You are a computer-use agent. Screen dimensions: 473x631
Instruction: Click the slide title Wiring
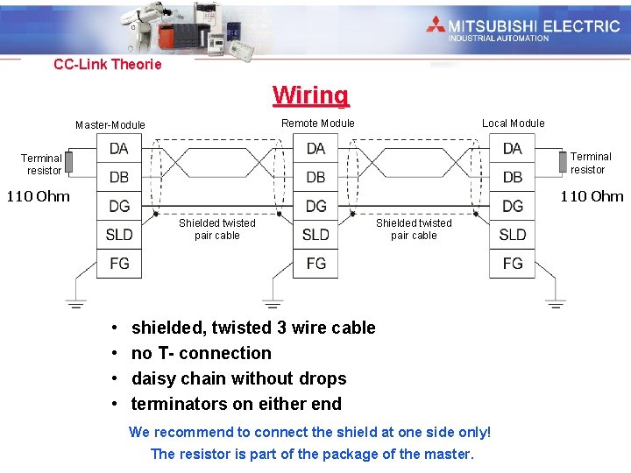pos(310,95)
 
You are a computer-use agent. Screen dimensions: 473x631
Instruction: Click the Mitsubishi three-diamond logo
pos(436,25)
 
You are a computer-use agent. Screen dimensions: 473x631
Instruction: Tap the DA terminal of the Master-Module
pos(119,149)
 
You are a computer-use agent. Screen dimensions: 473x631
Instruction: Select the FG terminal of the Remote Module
pos(315,263)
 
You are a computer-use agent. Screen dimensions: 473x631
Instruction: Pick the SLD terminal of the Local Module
pos(513,234)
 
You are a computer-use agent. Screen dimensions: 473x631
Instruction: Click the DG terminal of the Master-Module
pos(119,206)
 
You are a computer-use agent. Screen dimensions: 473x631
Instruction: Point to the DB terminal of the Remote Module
pos(315,178)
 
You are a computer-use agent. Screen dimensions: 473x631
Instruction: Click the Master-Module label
pos(110,125)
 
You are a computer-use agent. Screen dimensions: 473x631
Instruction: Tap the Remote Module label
pos(318,124)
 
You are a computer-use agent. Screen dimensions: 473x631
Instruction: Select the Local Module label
pos(514,124)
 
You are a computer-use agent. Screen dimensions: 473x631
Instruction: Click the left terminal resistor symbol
pos(69,162)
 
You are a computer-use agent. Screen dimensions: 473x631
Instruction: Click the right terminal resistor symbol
pos(563,162)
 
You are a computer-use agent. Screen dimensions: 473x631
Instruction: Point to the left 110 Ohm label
pos(38,196)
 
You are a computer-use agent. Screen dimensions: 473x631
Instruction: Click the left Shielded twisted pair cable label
pos(217,229)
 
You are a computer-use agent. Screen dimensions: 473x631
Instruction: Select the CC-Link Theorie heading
pos(108,65)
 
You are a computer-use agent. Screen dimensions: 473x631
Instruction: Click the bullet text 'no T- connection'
pos(202,353)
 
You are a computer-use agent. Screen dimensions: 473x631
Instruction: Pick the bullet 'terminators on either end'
pos(237,404)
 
